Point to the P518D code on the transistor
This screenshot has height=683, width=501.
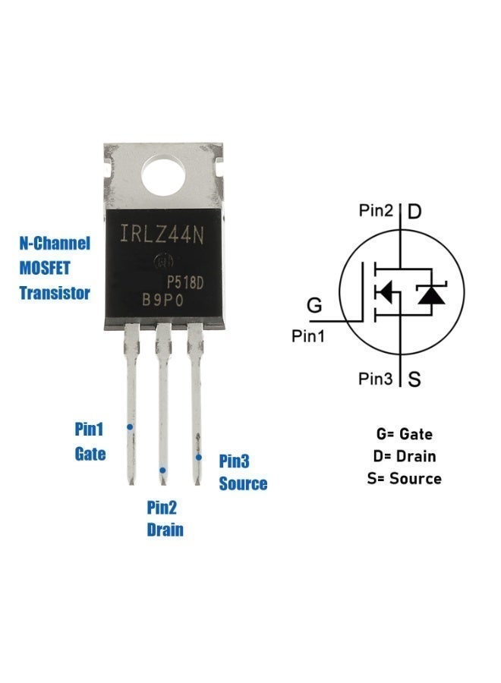coord(185,283)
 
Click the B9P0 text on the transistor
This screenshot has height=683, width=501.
coord(163,301)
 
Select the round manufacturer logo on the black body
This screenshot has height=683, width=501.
coord(164,261)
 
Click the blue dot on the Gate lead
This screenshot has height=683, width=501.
coord(130,426)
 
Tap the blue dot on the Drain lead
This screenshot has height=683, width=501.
coord(162,470)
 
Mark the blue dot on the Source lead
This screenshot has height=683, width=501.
coord(199,457)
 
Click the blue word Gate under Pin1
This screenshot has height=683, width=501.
coord(90,454)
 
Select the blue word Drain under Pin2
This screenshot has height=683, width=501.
coord(165,530)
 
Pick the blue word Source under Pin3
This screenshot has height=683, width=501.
coord(243,483)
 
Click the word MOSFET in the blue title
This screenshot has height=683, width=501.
coord(45,268)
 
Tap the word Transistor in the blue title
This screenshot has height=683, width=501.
coord(55,293)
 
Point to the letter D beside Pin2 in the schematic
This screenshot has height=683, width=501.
coord(414,211)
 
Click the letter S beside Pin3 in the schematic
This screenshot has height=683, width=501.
coord(414,379)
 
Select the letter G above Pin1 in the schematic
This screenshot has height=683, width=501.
coord(314,305)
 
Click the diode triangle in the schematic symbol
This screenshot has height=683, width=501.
coord(431,295)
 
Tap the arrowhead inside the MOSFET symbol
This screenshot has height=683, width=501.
coord(384,292)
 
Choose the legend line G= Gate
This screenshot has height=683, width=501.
coord(405,434)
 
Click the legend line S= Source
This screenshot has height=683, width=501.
coord(405,479)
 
